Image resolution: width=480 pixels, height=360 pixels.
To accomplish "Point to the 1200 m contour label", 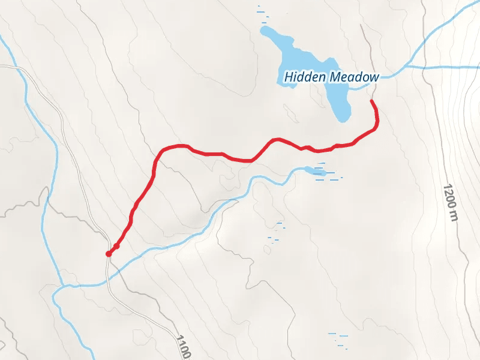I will pos(451,202).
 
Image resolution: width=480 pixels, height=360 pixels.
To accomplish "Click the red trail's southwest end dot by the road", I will pos(109,254).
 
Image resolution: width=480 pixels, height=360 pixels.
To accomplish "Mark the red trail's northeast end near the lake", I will pos(372,101).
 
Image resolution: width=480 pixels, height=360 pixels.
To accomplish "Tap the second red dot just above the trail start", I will pos(116,246).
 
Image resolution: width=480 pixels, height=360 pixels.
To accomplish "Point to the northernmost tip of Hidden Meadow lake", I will pos(265,28).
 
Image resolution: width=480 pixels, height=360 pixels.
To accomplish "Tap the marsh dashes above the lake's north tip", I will pos(262,13).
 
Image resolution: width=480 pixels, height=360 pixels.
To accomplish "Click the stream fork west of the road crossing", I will pos(62,285).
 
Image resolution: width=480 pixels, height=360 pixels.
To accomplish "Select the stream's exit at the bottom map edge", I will pos(91,358).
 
